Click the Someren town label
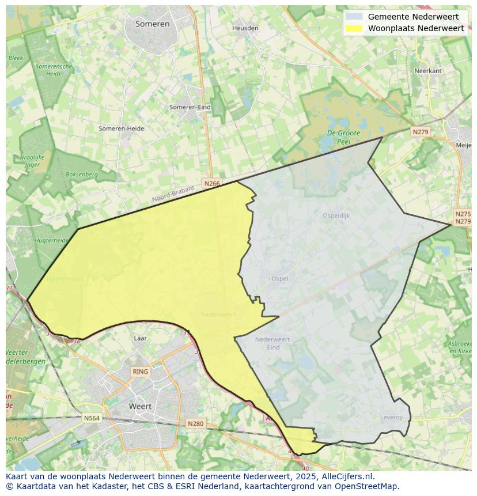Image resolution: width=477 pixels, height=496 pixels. [153, 24]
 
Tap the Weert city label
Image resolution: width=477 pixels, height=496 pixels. [140, 406]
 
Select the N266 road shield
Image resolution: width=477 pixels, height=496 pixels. [211, 183]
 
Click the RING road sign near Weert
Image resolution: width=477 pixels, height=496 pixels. [140, 372]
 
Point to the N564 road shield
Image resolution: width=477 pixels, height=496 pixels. [92, 418]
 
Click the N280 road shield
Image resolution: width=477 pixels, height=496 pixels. [196, 423]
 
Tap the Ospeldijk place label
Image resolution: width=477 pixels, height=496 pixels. [336, 215]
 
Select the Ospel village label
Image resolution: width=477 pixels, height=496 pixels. [279, 278]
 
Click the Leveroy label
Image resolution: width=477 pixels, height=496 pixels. [391, 417]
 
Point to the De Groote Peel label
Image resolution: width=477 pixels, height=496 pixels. [343, 137]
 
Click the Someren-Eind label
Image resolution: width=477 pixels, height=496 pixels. [190, 107]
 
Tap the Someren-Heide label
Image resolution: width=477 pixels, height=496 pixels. [121, 128]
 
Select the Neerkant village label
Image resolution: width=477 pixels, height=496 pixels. [428, 71]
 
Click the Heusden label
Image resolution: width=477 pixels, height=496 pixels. [245, 28]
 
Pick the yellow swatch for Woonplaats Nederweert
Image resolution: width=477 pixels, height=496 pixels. [355, 28]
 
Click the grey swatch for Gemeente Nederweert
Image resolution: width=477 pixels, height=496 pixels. [355, 17]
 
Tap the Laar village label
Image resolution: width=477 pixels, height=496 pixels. [140, 339]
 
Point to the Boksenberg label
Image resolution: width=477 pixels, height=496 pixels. [82, 174]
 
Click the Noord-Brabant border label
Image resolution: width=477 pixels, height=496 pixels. [173, 194]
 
